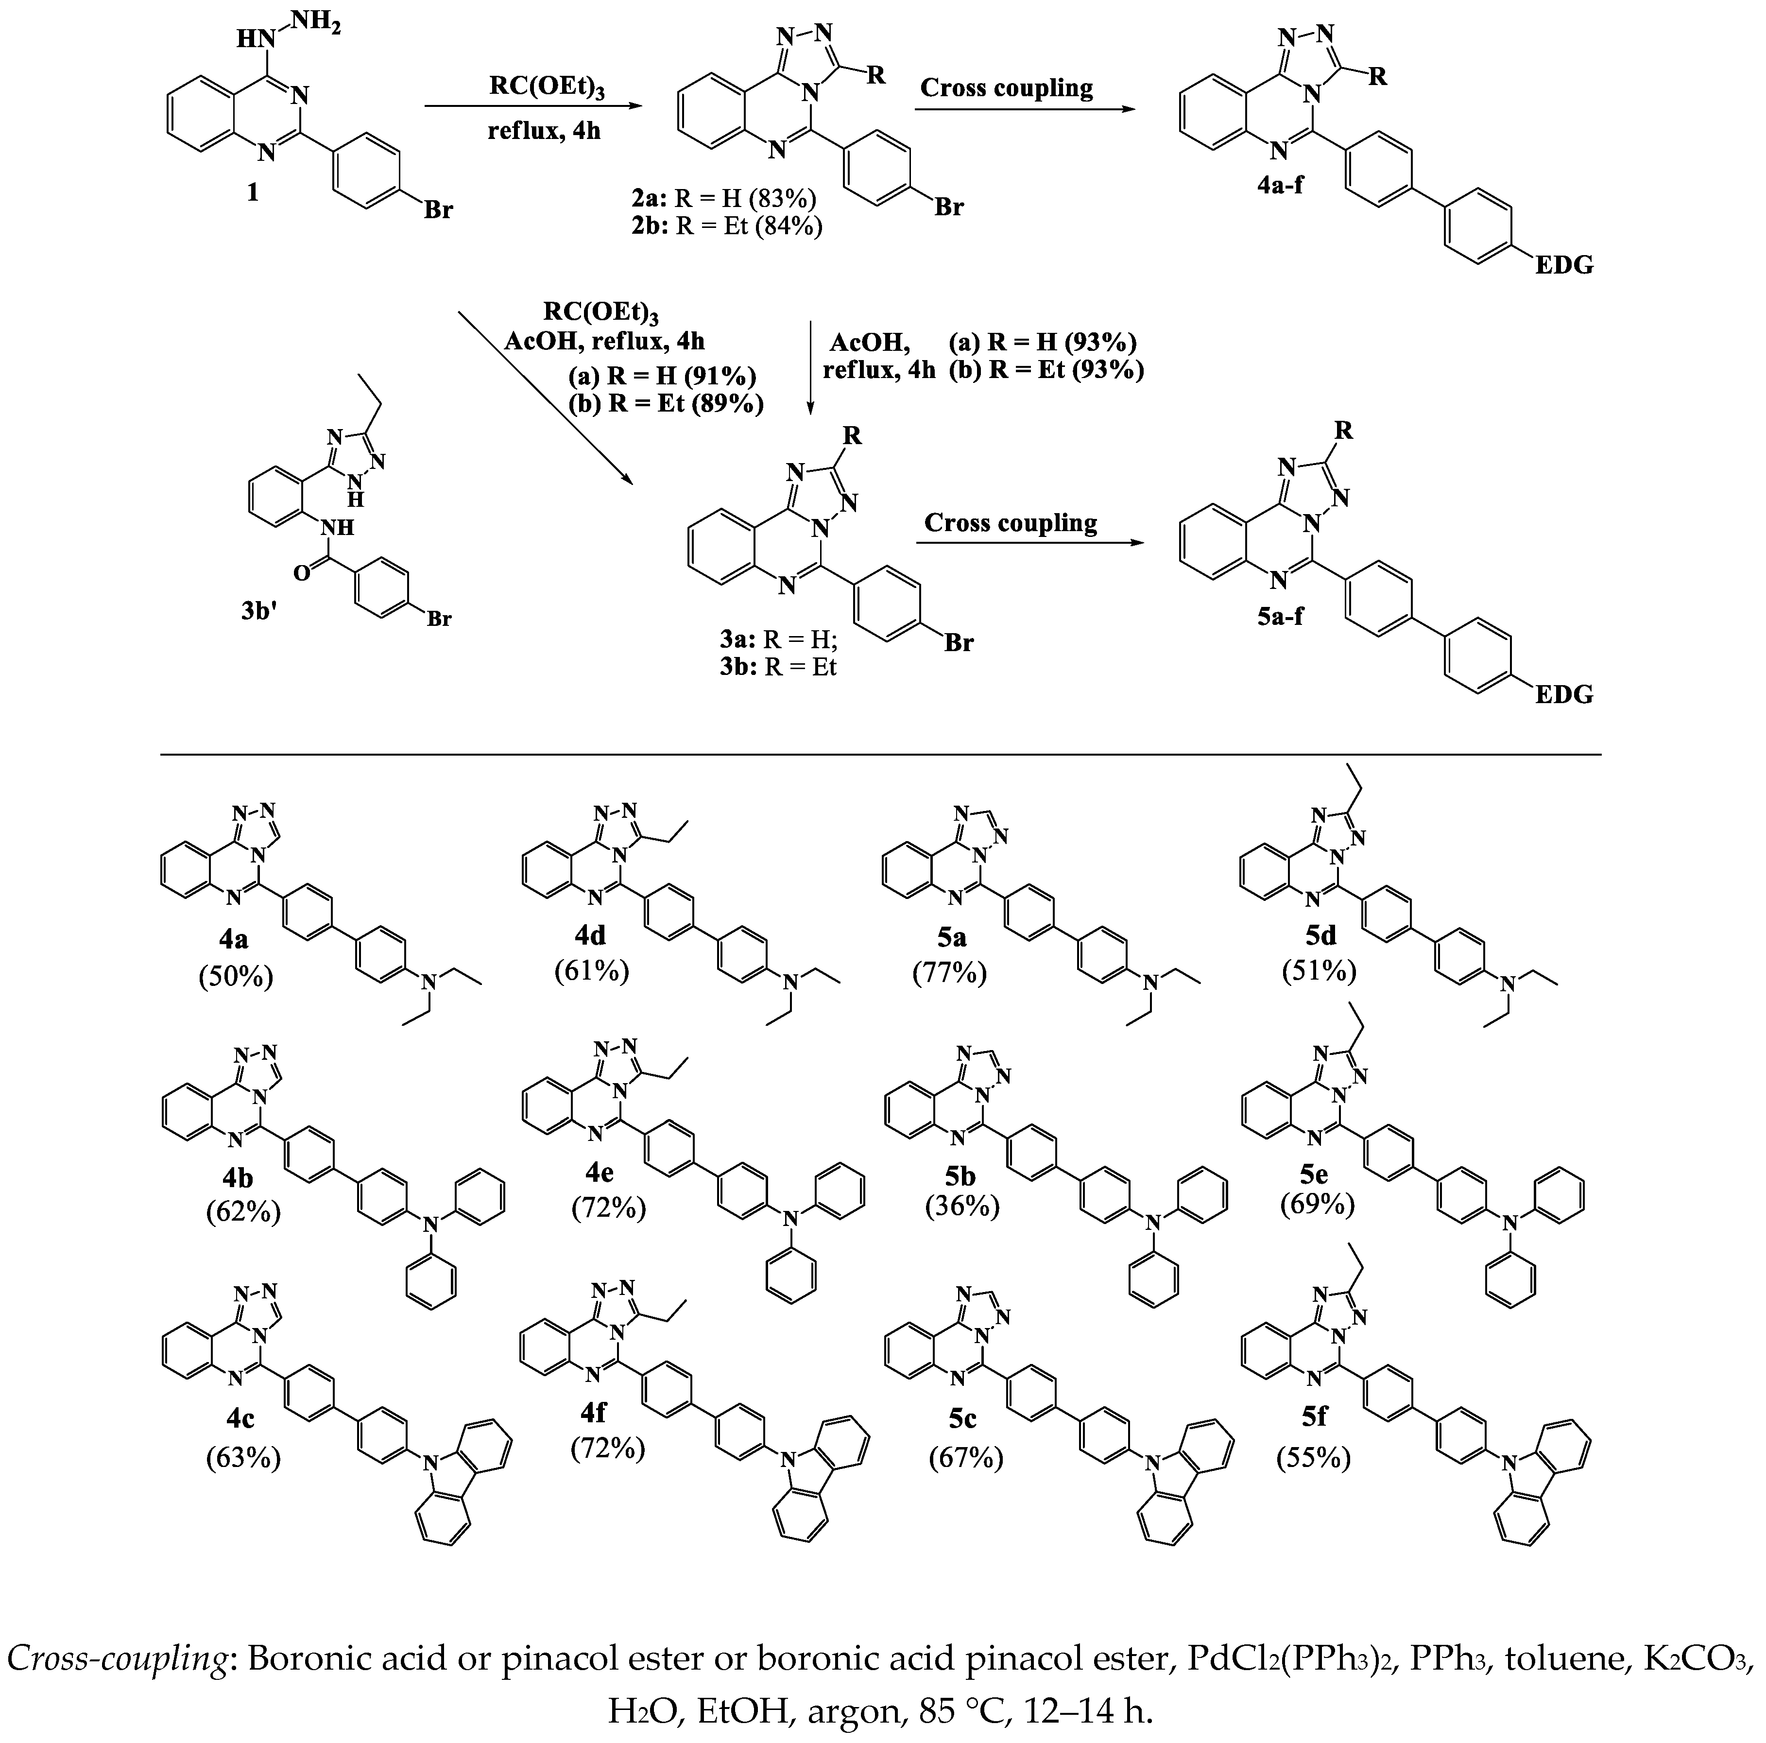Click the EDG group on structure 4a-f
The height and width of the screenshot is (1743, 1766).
pos(1564,265)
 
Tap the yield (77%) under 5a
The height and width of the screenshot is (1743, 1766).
pos(950,973)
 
